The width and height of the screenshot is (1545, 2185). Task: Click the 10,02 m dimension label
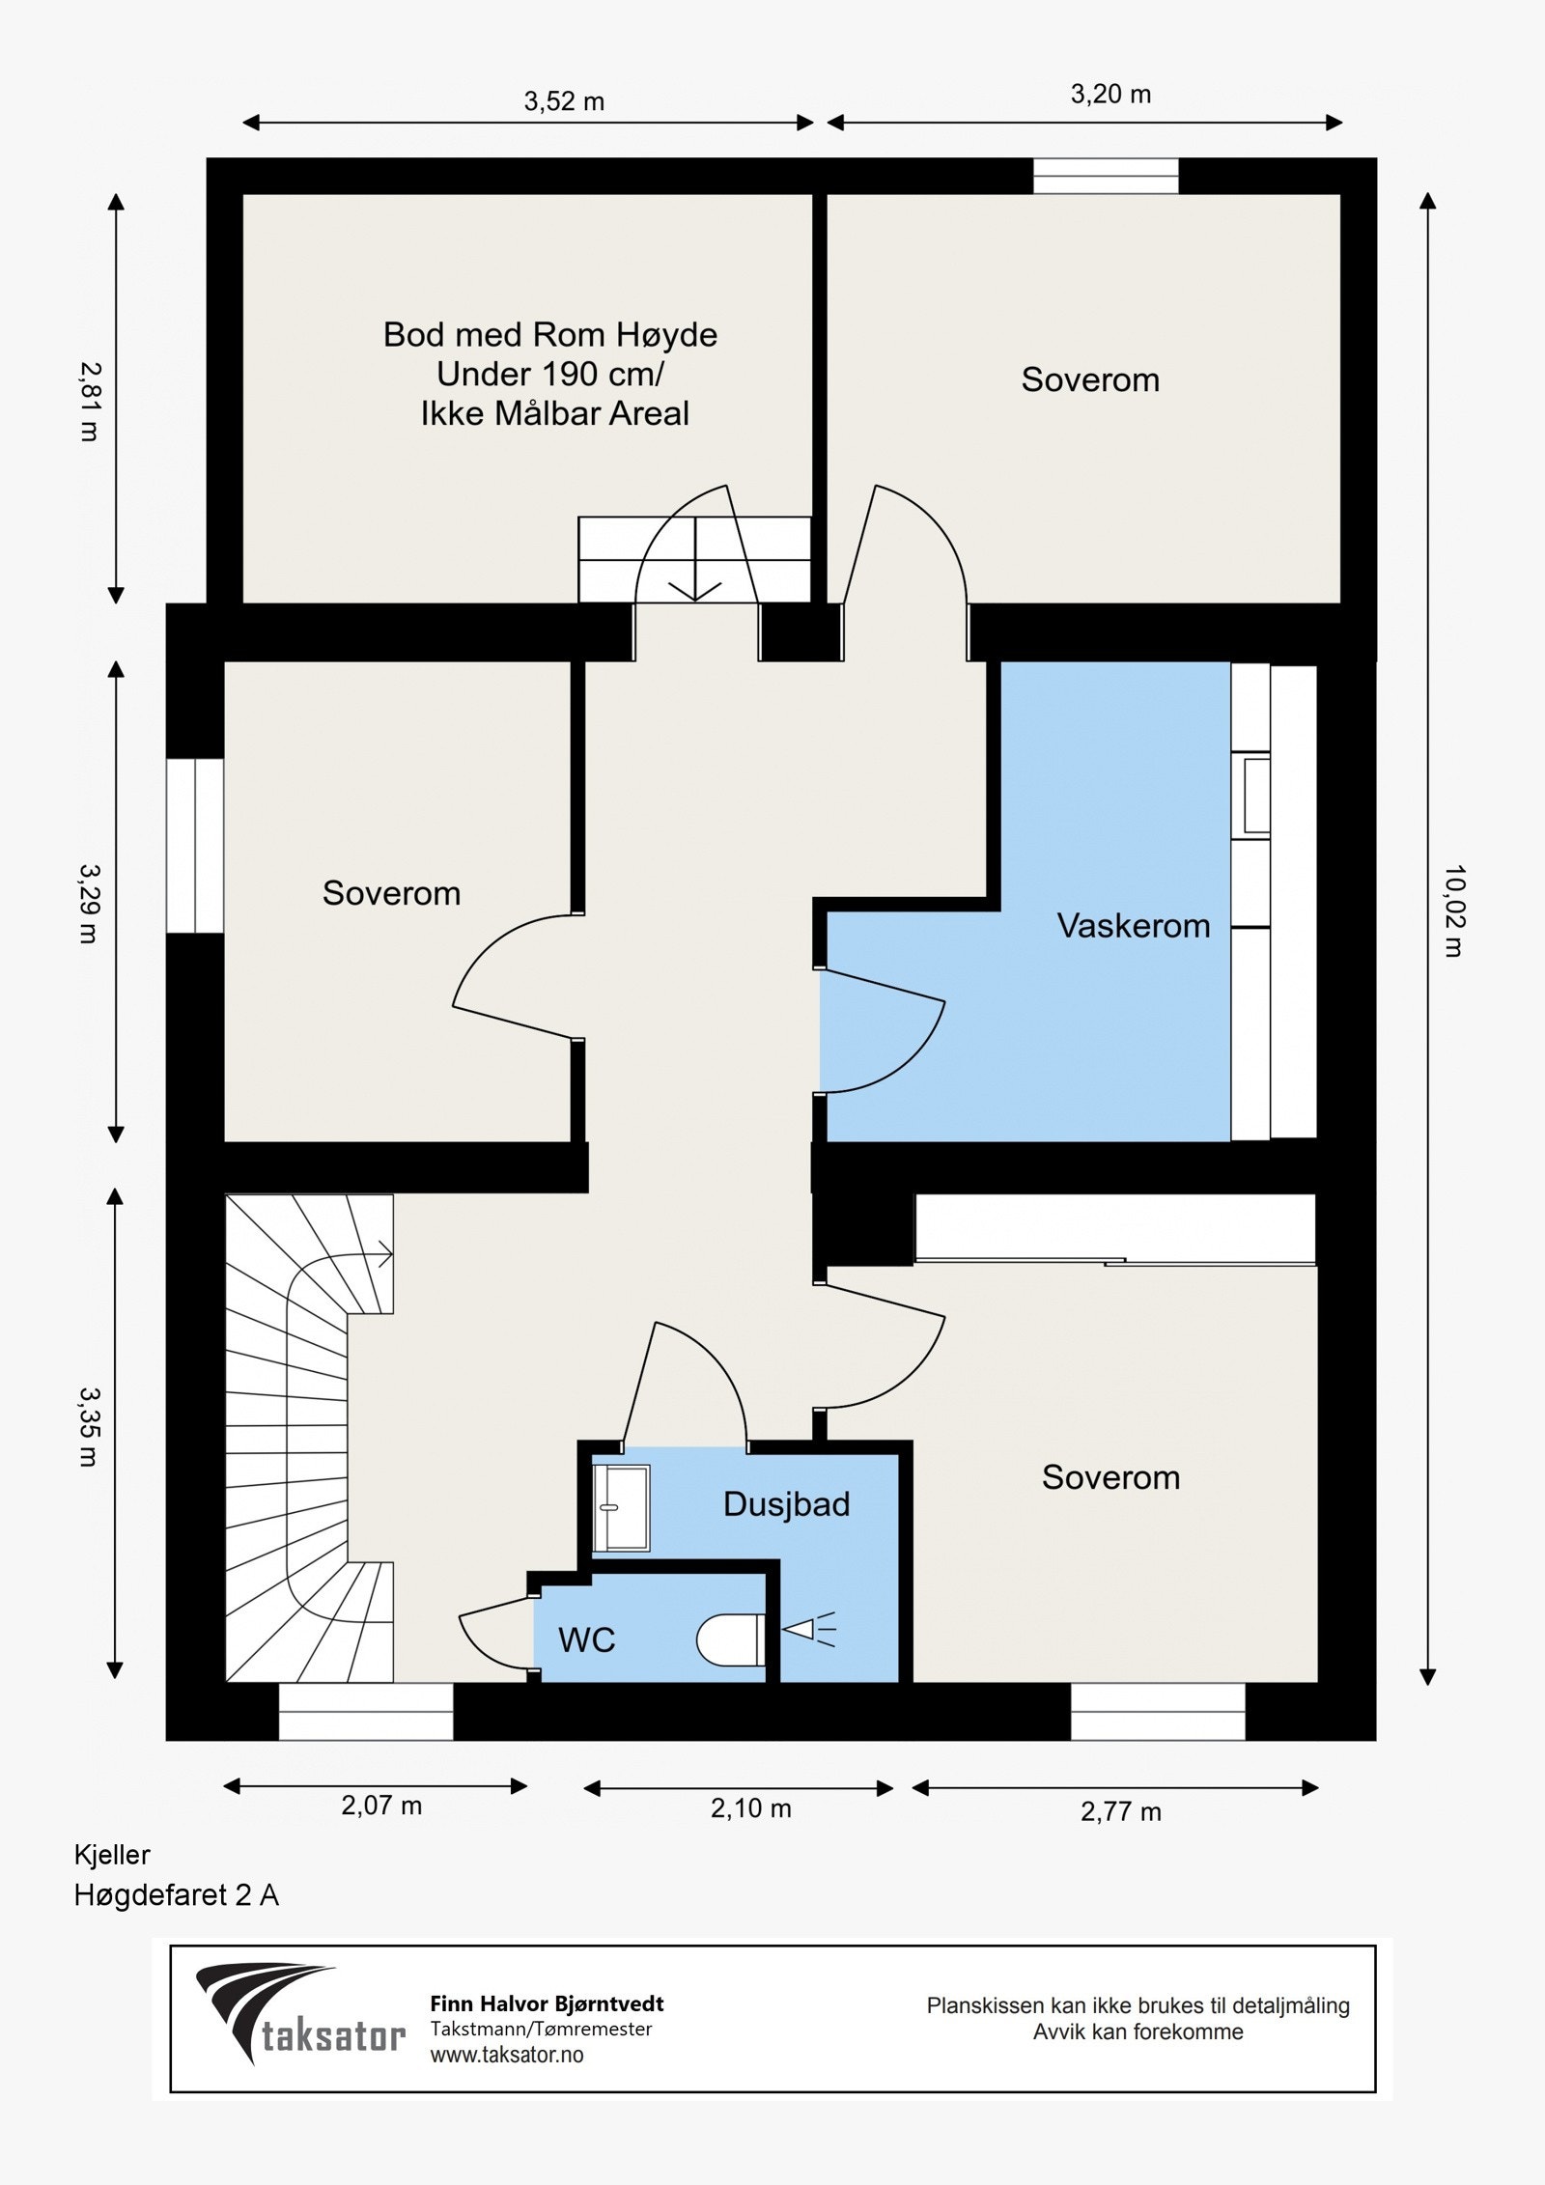[x=1453, y=910]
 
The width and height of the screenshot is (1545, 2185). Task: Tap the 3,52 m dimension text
[x=564, y=101]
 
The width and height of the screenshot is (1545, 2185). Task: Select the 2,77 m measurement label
[x=1120, y=1811]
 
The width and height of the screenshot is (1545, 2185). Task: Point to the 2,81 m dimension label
[x=89, y=402]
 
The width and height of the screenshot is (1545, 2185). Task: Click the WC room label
[x=587, y=1639]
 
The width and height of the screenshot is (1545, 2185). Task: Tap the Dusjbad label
[x=786, y=1504]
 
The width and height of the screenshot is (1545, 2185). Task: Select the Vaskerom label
[x=1134, y=926]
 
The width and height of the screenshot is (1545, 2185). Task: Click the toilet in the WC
[x=731, y=1640]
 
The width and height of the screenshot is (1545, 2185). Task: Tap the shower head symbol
[x=807, y=1632]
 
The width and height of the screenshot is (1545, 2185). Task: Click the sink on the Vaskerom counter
[x=1256, y=797]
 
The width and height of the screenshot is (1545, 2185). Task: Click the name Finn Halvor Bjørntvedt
[x=547, y=2004]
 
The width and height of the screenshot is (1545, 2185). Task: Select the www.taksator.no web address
[x=507, y=2055]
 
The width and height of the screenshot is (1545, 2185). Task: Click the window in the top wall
[x=1106, y=176]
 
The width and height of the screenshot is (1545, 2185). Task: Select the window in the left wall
[x=195, y=846]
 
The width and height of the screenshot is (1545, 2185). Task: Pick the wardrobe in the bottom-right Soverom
[x=1115, y=1228]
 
